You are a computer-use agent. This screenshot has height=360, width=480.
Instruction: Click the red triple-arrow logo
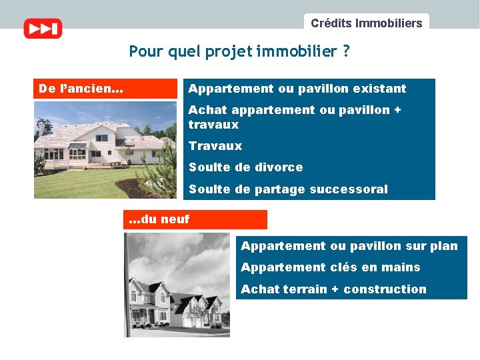coord(43,29)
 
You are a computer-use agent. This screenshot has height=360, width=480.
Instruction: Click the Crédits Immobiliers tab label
coord(366,23)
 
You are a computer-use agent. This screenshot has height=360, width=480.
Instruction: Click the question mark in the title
coord(345,51)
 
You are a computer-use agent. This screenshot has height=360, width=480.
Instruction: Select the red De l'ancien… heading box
coord(105,89)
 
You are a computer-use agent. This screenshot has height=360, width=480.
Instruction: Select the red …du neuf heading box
coord(195,219)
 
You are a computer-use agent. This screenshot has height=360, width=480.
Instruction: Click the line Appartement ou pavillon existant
coord(297,89)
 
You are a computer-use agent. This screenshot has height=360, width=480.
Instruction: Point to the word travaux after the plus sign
coord(213,125)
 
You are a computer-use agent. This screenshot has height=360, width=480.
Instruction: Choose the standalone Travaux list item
coord(215,146)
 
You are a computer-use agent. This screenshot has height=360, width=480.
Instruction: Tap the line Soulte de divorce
coord(245,167)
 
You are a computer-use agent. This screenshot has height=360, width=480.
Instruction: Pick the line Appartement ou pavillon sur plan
coord(349,246)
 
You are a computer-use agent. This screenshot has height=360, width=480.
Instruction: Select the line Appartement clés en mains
coord(330,267)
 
